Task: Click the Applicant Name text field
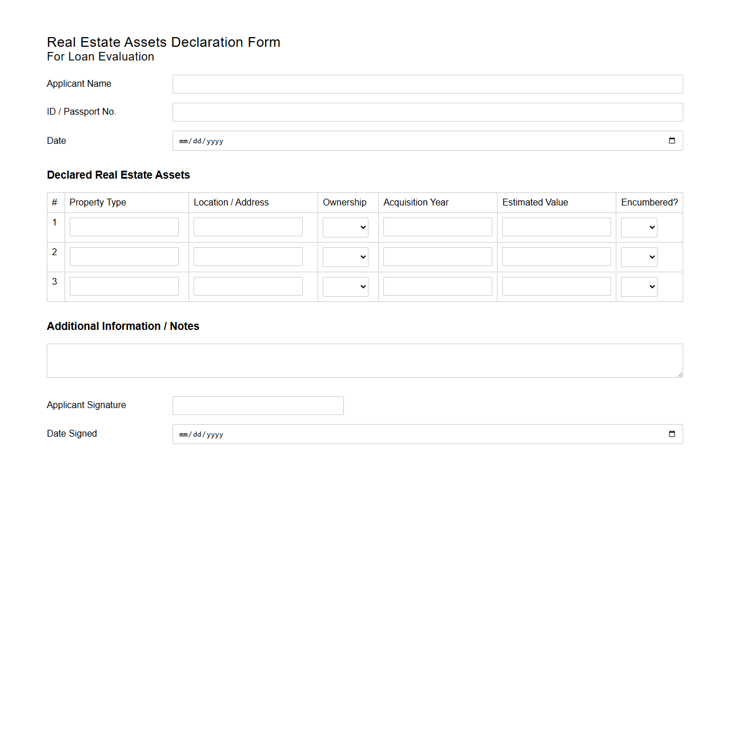pyautogui.click(x=427, y=84)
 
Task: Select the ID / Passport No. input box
pyautogui.click(x=427, y=112)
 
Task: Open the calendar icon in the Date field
pyautogui.click(x=672, y=141)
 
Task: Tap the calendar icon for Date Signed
pyautogui.click(x=672, y=434)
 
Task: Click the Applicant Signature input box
pyautogui.click(x=258, y=405)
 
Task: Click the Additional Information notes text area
pyautogui.click(x=364, y=361)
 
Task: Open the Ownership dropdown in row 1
pyautogui.click(x=346, y=227)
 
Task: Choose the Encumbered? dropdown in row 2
pyautogui.click(x=639, y=257)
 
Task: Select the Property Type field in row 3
pyautogui.click(x=124, y=286)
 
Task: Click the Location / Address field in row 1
pyautogui.click(x=248, y=227)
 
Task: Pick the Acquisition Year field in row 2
pyautogui.click(x=438, y=256)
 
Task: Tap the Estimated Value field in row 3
pyautogui.click(x=556, y=286)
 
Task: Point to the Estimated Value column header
pyautogui.click(x=535, y=203)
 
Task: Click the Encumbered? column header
pyautogui.click(x=649, y=203)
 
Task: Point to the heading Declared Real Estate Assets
pyautogui.click(x=118, y=175)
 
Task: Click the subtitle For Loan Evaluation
pyautogui.click(x=101, y=57)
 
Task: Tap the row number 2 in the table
pyautogui.click(x=55, y=252)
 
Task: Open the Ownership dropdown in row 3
pyautogui.click(x=346, y=287)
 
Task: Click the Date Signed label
pyautogui.click(x=72, y=434)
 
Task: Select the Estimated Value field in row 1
pyautogui.click(x=556, y=227)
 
